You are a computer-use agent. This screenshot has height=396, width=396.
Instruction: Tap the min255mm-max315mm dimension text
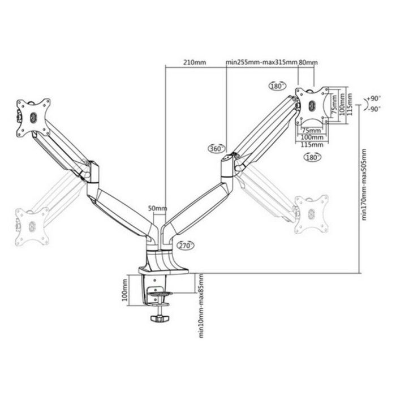[x=261, y=62]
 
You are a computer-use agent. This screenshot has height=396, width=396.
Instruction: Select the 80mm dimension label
[x=308, y=62]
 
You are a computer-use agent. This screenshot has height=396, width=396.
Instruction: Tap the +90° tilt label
[x=373, y=98]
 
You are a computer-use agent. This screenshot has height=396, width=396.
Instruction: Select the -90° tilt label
[x=373, y=109]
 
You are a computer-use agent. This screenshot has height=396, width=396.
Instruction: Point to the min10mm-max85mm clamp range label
[x=201, y=304]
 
